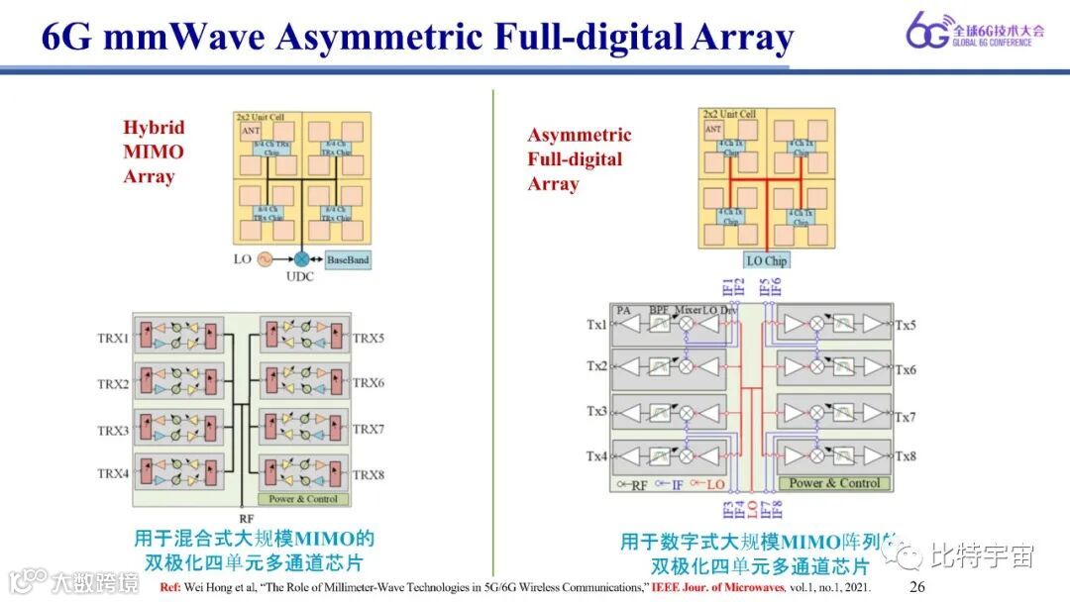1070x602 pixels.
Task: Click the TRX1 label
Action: click(112, 338)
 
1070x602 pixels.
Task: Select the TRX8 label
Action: click(369, 474)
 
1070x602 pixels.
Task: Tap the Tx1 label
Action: click(596, 325)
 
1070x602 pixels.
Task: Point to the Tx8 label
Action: click(905, 456)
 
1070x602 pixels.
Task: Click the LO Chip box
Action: click(767, 260)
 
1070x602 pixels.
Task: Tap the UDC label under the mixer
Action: click(299, 276)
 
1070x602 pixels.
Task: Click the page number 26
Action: click(916, 587)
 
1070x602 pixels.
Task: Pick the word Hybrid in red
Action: click(154, 128)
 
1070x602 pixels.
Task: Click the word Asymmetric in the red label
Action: click(579, 136)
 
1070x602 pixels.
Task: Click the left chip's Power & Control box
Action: click(303, 499)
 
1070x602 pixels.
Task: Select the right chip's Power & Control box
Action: click(834, 483)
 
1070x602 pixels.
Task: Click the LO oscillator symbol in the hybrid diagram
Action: click(265, 258)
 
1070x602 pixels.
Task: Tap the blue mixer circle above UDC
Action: click(301, 258)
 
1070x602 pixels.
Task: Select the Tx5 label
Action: click(905, 325)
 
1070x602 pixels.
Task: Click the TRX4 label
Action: click(112, 474)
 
